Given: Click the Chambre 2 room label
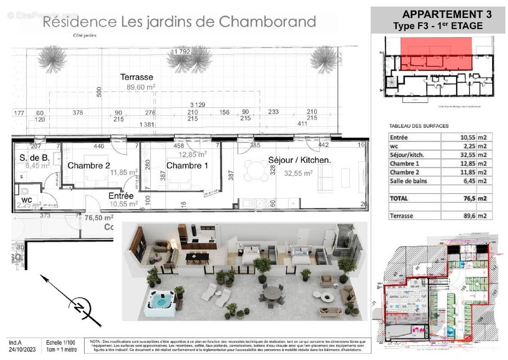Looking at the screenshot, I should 89,166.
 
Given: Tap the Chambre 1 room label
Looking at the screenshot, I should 187,166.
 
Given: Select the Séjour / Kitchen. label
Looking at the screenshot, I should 299,160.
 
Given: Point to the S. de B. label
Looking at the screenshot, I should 34,157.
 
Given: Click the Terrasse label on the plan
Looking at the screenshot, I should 136,77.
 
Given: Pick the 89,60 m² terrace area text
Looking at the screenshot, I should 140,87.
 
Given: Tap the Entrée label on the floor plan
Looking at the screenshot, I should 121,196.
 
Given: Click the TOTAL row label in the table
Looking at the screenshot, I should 399,198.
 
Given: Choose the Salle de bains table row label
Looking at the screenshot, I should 408,181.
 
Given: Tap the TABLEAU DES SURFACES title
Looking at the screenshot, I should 419,126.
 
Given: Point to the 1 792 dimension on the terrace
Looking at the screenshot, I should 182,51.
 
